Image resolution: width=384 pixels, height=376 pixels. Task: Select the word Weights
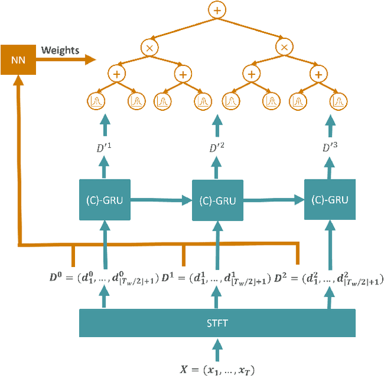tap(61, 50)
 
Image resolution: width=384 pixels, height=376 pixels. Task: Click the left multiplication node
tap(148, 47)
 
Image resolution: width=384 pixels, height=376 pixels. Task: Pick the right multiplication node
tap(285, 47)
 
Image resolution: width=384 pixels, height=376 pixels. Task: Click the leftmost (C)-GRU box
tap(106, 199)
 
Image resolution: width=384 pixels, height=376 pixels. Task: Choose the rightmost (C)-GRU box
tap(329, 199)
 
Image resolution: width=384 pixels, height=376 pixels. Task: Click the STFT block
tap(217, 323)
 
